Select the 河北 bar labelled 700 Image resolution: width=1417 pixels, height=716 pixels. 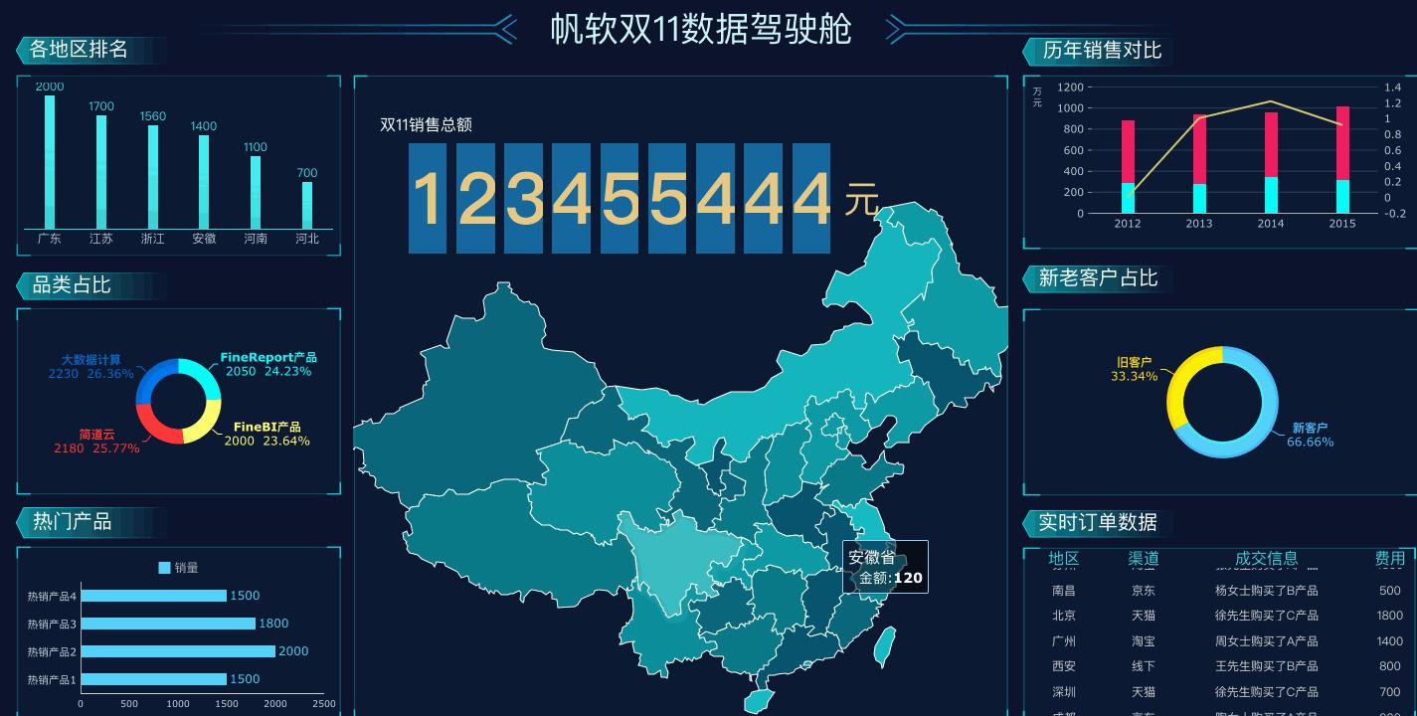coord(307,205)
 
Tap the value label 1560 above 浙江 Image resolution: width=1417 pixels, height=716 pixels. coord(153,116)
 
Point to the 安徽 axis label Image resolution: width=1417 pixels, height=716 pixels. coord(204,239)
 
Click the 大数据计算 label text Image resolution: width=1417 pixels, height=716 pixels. coord(91,360)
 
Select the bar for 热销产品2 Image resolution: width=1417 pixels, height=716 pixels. coord(179,651)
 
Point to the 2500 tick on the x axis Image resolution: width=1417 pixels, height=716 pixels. coord(324,704)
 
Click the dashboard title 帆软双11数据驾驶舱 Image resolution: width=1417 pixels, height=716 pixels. coord(701,29)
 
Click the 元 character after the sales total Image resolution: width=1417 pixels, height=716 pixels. coord(862,201)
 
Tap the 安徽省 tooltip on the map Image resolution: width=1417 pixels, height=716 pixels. coord(885,567)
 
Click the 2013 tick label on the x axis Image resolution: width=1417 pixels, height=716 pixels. coord(1199,224)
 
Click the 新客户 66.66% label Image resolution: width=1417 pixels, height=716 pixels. coord(1310,435)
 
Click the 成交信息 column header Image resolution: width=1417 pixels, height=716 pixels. coord(1266,559)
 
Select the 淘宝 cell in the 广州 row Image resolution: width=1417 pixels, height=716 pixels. coord(1144,641)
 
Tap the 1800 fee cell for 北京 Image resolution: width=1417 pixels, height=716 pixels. coord(1389,616)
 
